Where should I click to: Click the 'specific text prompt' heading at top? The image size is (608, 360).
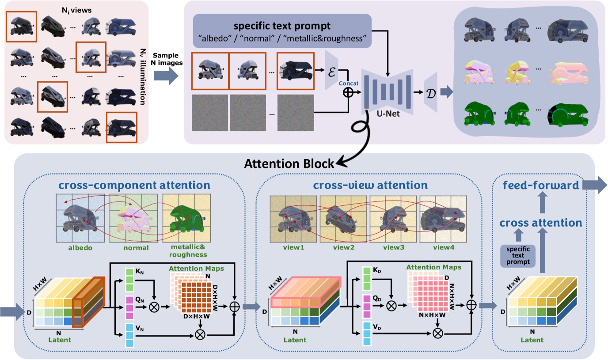tap(282, 24)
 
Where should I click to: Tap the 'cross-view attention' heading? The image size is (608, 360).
tap(370, 184)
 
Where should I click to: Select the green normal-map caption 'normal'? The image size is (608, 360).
tap(136, 247)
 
